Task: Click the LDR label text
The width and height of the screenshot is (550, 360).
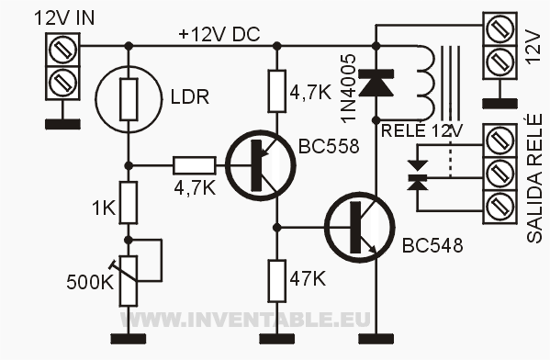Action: [x=190, y=96]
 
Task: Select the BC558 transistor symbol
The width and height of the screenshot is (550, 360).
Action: [x=261, y=165]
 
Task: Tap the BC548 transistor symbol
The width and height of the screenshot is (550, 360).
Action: [x=360, y=228]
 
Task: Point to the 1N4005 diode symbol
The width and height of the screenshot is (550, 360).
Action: [x=376, y=83]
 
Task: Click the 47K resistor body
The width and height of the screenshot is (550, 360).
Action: [x=277, y=281]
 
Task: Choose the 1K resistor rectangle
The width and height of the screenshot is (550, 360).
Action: [x=129, y=202]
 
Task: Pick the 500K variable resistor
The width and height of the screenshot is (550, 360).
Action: [x=129, y=281]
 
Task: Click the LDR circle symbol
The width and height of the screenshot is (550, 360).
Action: [x=129, y=99]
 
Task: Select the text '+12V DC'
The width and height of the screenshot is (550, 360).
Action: [x=219, y=34]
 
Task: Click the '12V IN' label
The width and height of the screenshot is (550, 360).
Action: [x=64, y=17]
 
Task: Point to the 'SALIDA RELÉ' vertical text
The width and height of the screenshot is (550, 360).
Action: [x=534, y=178]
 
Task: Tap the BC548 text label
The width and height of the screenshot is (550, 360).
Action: [x=432, y=245]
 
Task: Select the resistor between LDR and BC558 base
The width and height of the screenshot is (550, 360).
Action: [x=195, y=165]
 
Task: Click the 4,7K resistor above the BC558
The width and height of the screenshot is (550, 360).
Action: [x=277, y=91]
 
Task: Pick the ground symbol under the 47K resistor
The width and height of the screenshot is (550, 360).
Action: [x=277, y=339]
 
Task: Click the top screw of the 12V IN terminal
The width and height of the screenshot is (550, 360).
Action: [x=62, y=50]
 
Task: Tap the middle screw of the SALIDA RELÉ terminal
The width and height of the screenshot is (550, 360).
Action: [x=499, y=174]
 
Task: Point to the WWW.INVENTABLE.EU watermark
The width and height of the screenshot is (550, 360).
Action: [x=245, y=320]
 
